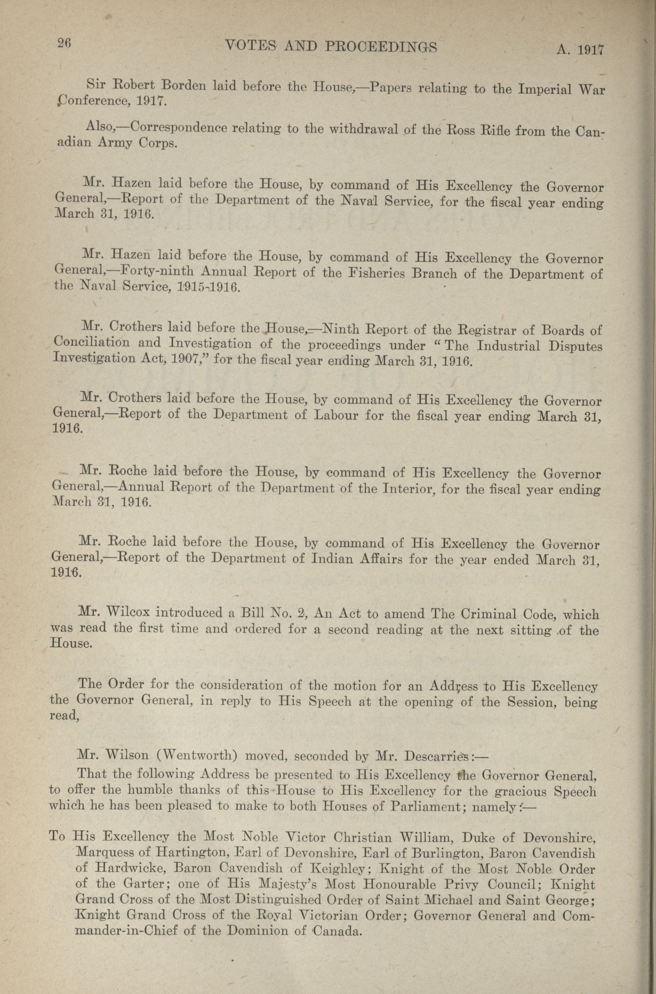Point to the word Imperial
544,90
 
